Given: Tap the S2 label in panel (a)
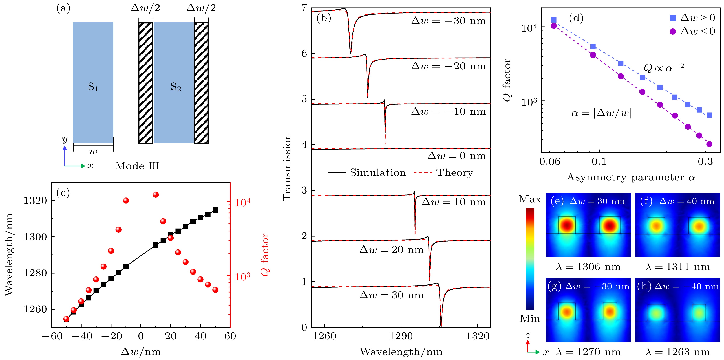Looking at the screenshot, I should click(176, 87).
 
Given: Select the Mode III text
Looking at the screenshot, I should click(137, 166).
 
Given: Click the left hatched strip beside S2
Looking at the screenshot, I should click(146, 83).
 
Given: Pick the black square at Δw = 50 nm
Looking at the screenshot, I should click(215, 210).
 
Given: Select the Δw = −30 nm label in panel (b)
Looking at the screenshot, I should click(449, 21).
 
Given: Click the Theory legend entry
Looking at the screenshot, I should click(444, 173).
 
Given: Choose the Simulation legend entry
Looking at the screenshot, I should click(367, 173).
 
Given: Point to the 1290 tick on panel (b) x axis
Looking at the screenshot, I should click(401, 336).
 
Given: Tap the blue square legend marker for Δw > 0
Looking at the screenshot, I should click(673, 18).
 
